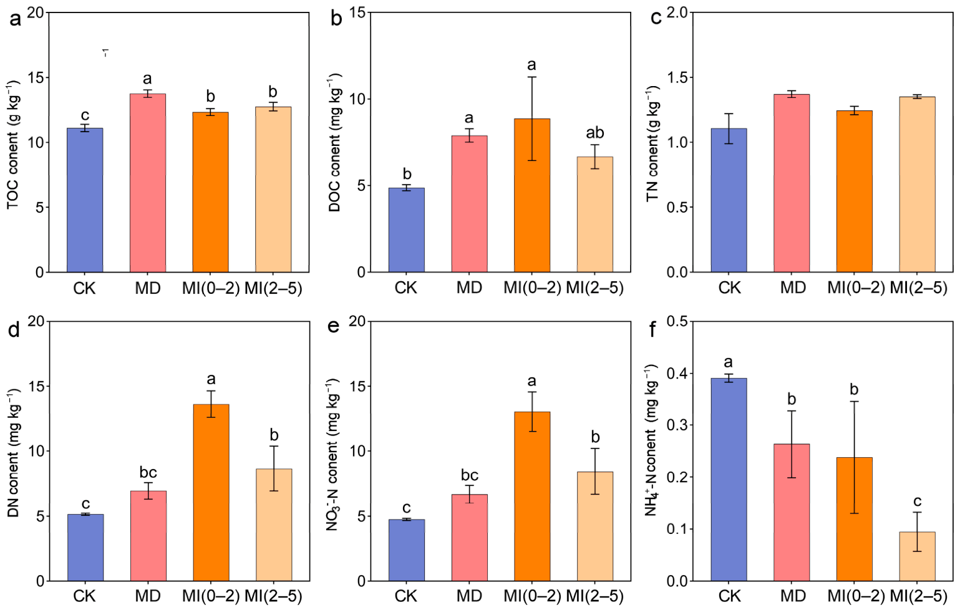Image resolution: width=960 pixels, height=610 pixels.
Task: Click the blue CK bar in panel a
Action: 85,200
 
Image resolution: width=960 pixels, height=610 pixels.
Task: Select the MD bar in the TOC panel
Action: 148,183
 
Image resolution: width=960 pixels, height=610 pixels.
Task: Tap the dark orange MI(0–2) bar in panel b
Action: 532,195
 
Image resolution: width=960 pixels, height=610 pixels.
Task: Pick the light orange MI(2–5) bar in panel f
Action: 918,556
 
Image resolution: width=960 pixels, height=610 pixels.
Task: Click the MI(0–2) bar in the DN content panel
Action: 211,493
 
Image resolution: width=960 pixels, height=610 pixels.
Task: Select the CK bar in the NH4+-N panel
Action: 729,480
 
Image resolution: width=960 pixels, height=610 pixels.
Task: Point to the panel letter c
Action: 656,19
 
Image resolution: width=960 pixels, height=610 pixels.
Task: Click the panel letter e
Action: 334,327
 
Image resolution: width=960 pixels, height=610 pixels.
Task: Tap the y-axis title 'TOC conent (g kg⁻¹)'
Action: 14,146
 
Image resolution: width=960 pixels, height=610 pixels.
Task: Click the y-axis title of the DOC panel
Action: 335,145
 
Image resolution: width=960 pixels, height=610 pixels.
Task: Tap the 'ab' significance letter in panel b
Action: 595,133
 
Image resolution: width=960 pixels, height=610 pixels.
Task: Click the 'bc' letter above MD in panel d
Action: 148,473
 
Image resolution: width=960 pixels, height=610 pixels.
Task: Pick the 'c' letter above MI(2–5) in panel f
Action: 918,501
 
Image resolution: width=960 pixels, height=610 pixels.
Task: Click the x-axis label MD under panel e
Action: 469,596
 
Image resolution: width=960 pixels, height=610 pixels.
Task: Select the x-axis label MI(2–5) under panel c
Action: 918,288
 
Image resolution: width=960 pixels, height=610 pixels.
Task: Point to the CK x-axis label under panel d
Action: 84,596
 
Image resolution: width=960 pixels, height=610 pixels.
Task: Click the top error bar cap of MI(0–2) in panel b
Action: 532,77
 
